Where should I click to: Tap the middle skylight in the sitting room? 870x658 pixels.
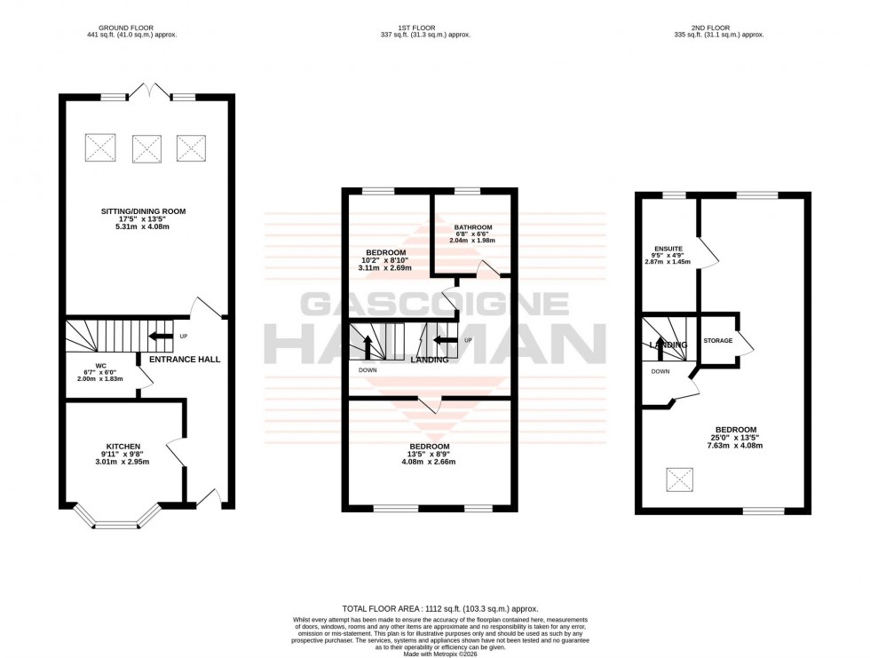pos(146,148)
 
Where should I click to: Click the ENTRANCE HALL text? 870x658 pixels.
pos(184,360)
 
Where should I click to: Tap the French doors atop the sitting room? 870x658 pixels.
pos(147,91)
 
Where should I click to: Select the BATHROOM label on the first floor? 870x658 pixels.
pos(472,227)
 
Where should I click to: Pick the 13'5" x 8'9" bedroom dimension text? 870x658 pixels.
pos(429,454)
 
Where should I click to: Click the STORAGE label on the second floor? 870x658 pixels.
pos(718,340)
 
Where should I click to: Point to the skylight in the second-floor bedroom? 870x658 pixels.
pos(680,480)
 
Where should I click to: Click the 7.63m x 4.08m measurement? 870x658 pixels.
pos(735,446)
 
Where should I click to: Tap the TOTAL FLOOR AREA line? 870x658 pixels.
pos(433,608)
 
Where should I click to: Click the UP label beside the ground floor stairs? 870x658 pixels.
pos(184,337)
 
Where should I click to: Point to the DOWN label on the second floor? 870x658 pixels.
pos(660,372)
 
